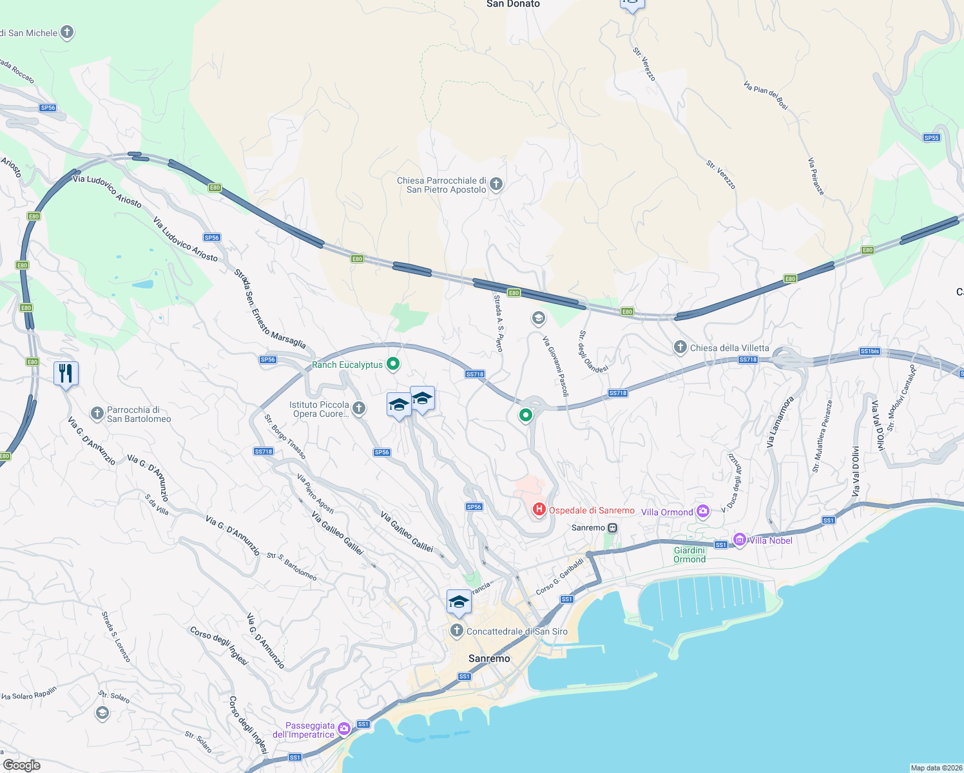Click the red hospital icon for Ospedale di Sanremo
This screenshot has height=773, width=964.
[539, 510]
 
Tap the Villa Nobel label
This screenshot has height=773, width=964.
[771, 540]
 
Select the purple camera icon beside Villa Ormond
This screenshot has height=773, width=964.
[702, 511]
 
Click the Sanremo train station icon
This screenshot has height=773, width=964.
[613, 528]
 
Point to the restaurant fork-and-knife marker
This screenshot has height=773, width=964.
[66, 374]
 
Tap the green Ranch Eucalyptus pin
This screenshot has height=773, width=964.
[392, 365]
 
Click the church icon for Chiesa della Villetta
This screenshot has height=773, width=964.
[680, 348]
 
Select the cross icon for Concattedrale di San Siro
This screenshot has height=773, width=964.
[457, 631]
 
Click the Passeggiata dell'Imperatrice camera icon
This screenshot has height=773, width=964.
[344, 729]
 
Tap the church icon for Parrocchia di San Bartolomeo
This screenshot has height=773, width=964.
[97, 414]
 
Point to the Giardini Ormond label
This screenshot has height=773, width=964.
[689, 555]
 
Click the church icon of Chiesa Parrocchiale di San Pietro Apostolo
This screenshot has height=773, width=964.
[496, 184]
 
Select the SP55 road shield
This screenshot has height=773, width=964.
[931, 138]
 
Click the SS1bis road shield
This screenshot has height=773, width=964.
[869, 351]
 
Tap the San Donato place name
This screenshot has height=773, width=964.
[513, 5]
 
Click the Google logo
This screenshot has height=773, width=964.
[22, 765]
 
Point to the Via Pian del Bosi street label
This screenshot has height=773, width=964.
[766, 95]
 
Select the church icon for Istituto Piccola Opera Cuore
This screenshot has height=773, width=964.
[359, 408]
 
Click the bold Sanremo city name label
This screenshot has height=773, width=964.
[489, 658]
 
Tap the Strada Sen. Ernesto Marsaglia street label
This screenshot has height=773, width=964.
[269, 309]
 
